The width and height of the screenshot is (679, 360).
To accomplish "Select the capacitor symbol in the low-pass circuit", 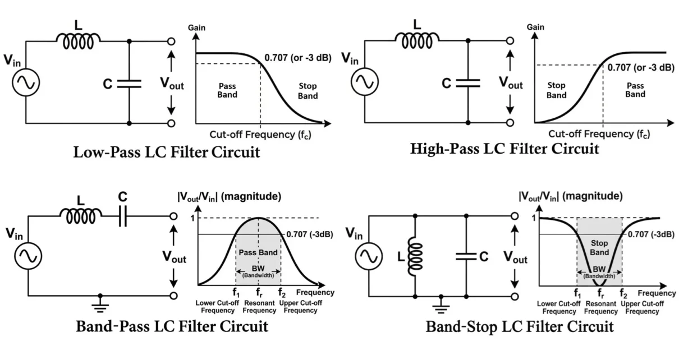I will tap(129, 84).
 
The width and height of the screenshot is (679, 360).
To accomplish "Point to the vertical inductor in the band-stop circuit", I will tap(414, 256).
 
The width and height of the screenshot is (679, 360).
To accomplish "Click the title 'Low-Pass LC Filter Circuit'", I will tap(167, 152).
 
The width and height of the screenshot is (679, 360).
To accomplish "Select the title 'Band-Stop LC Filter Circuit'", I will tap(519, 326).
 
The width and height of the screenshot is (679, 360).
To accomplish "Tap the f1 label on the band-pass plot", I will tap(236, 292).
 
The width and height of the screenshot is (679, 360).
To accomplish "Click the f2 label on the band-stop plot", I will tap(622, 293).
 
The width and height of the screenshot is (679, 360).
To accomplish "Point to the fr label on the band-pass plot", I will tap(258, 292).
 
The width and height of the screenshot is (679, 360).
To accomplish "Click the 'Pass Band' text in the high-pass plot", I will tap(635, 90).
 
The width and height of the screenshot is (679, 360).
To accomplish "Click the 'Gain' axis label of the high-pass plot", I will tap(535, 27).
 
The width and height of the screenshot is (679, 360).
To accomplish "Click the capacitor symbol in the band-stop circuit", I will tap(466, 256).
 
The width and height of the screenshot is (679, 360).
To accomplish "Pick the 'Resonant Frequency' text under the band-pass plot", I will tap(258, 307).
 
